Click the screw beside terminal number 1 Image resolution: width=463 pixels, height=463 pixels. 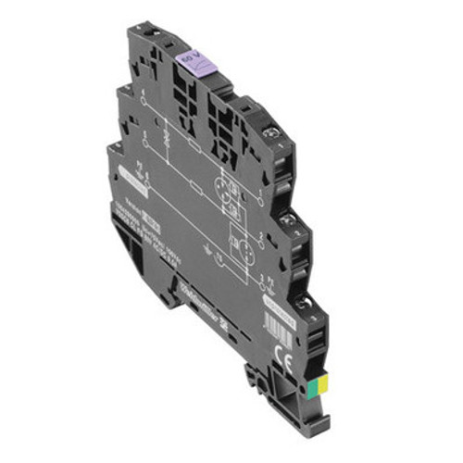click(x=273, y=136)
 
